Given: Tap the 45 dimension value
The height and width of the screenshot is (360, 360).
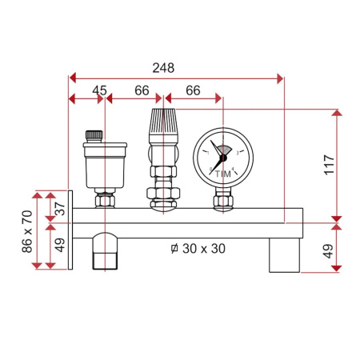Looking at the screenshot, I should [99, 90].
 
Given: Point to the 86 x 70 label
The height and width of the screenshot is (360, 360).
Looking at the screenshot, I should [26, 230].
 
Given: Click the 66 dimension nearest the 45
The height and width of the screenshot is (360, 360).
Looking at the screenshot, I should [142, 90].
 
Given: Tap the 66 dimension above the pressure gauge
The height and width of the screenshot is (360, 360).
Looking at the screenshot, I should [192, 90].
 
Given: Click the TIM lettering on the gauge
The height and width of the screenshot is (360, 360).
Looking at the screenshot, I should [222, 174].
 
